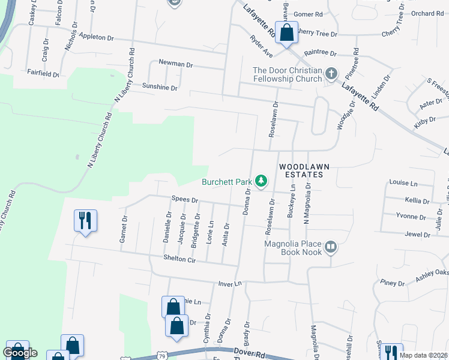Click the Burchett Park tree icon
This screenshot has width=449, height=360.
[x=261, y=180]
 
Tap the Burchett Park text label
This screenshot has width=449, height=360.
[x=226, y=181]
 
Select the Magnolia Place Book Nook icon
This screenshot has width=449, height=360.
[x=330, y=247]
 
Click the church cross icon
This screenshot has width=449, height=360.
[x=330, y=74]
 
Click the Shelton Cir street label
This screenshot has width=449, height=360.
[x=180, y=259]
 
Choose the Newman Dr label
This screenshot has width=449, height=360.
[x=175, y=62]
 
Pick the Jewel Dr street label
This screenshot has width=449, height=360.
[x=418, y=234]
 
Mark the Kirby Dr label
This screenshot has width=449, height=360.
[x=424, y=121]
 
